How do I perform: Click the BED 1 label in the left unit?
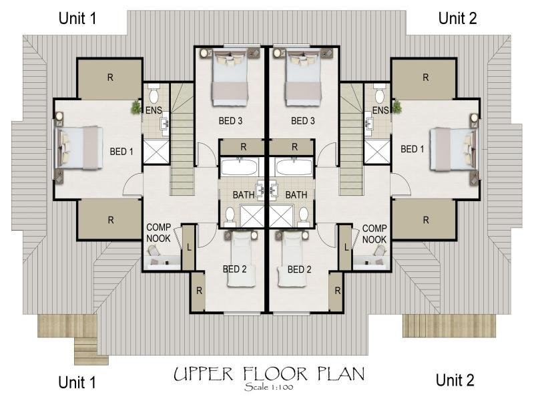click(x=121, y=152)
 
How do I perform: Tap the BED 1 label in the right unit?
click(x=413, y=149)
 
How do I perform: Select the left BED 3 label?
click(x=230, y=121)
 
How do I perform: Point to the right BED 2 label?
click(x=299, y=269)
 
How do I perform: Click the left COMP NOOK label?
click(x=158, y=233)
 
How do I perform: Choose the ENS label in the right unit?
click(x=380, y=110)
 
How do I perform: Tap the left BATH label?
click(x=244, y=195)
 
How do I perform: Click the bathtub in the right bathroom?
click(x=294, y=167)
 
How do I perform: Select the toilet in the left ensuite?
click(x=154, y=94)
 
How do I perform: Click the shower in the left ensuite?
click(x=156, y=151)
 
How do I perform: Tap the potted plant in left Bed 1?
click(x=136, y=107)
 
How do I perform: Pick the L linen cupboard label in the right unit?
click(x=346, y=247)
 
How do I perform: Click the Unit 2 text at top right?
click(x=457, y=18)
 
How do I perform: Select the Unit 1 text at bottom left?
click(x=77, y=382)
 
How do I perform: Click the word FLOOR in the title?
click(x=275, y=374)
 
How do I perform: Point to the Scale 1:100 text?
click(x=269, y=387)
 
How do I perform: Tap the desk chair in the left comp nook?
click(x=154, y=251)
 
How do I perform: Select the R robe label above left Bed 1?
click(x=110, y=78)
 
